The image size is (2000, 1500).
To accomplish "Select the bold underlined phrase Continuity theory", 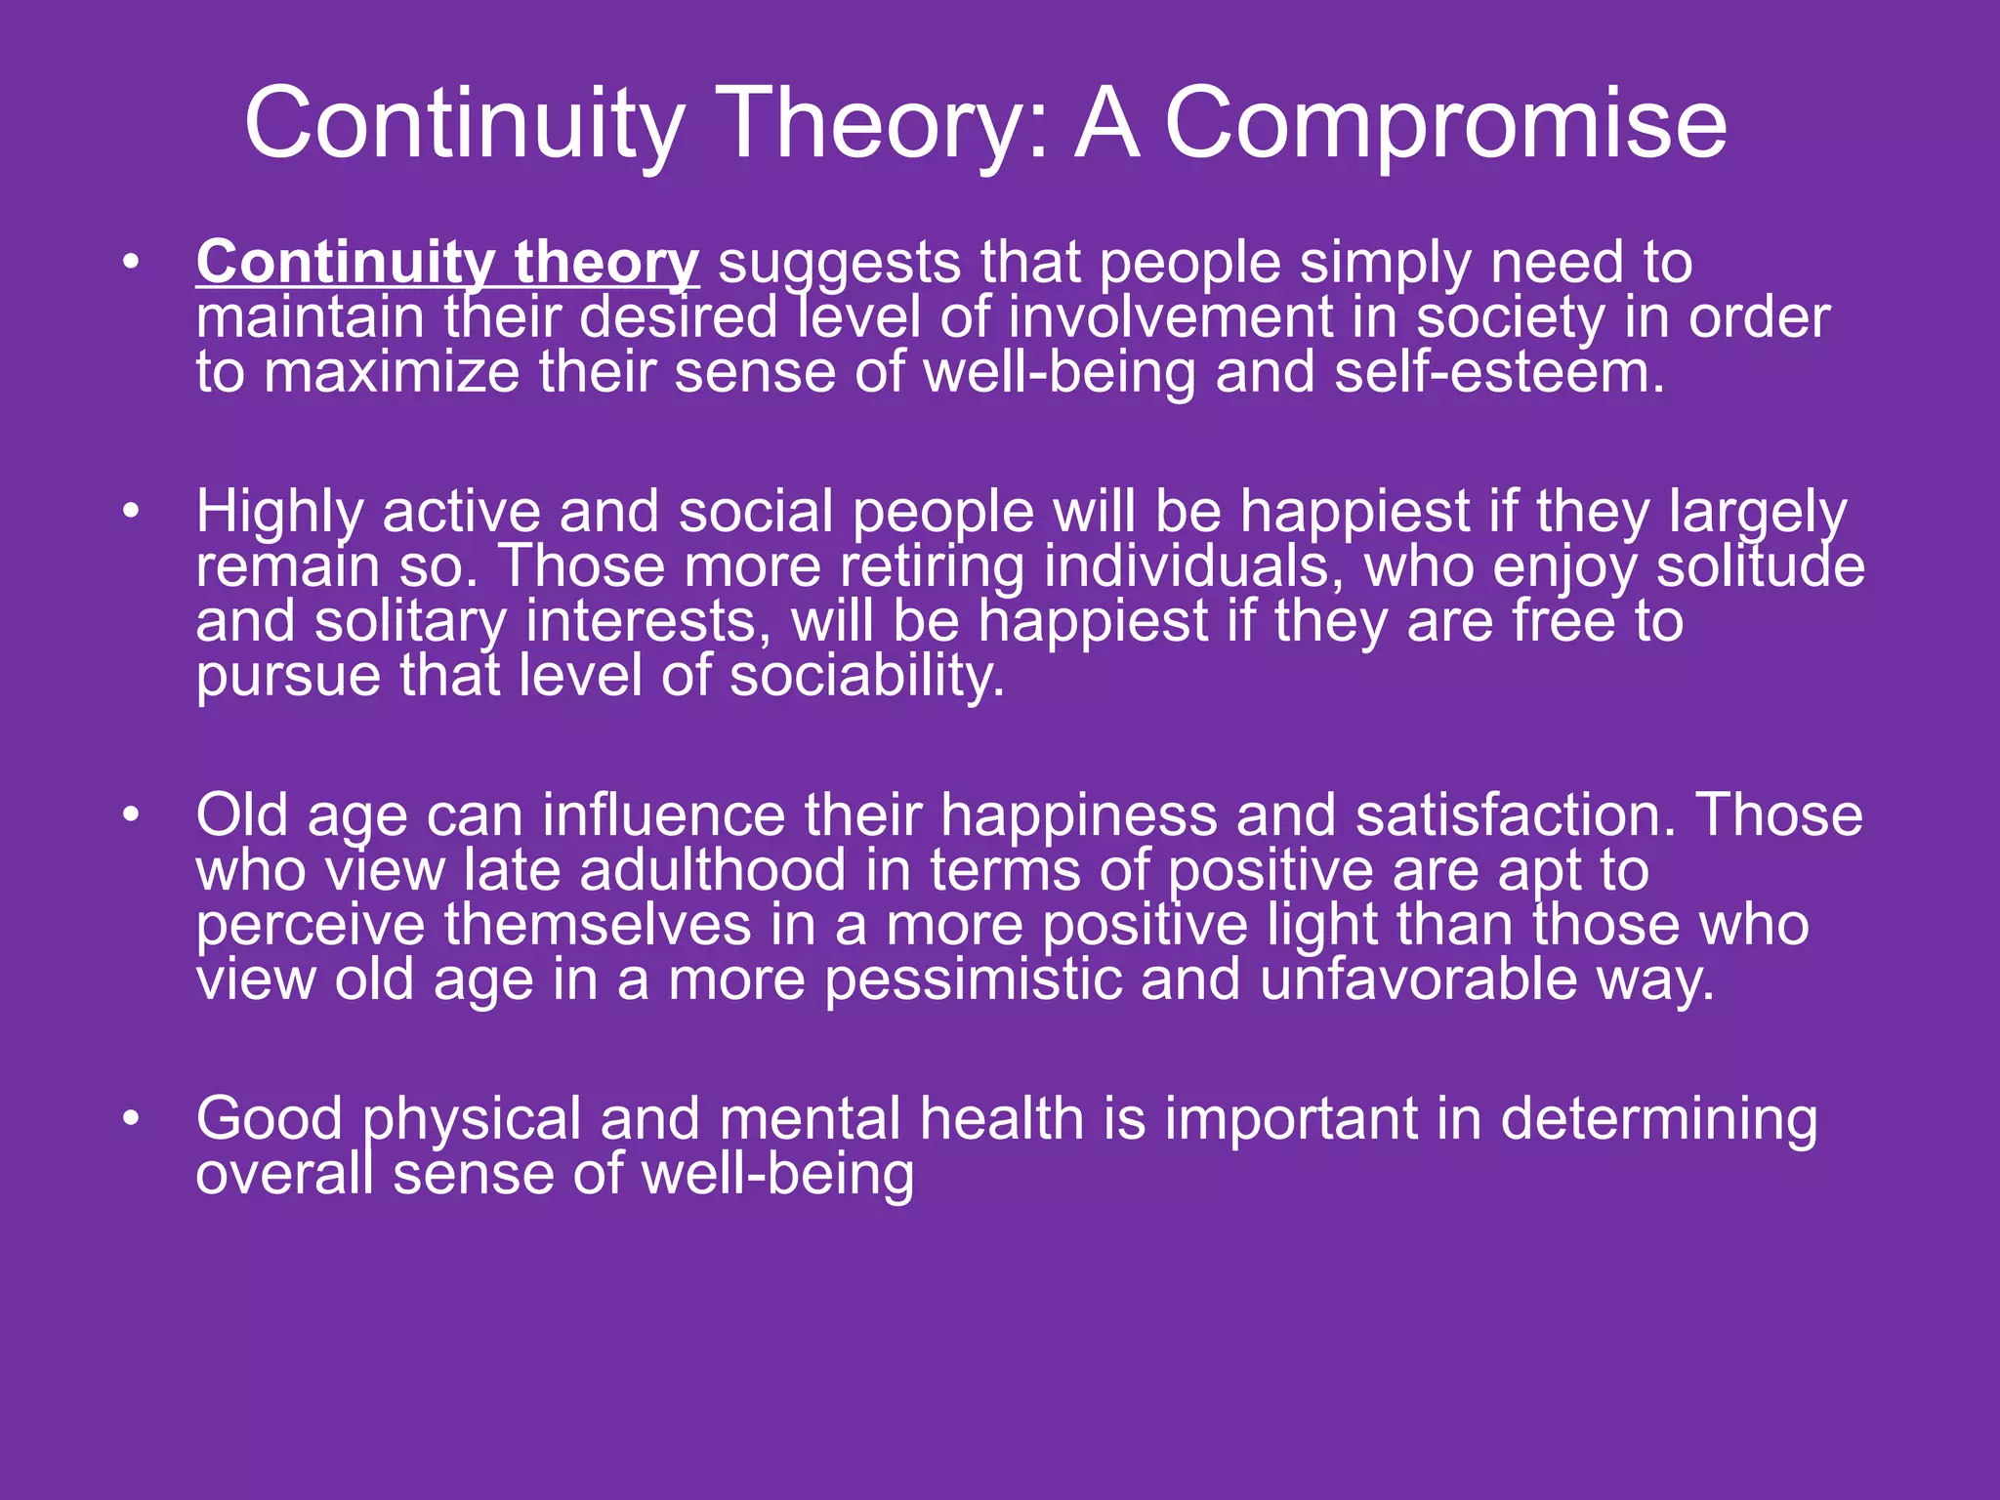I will pos(447,264).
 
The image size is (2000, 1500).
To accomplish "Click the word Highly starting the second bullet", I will pos(279,513).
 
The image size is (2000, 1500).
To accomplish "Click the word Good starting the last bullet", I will pos(269,1119).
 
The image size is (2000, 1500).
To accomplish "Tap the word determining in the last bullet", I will pos(1658,1119).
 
